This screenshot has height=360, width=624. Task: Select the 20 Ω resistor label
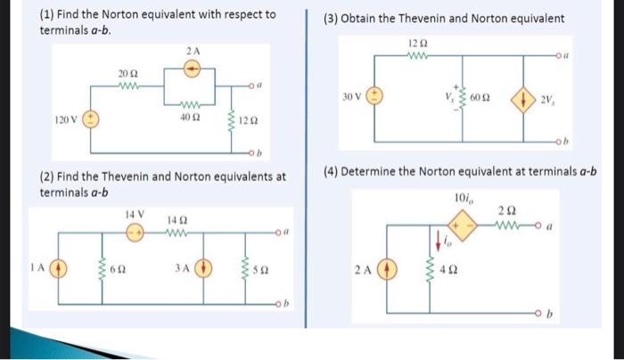coord(127,72)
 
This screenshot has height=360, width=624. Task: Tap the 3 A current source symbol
coord(204,266)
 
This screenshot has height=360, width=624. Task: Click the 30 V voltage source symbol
coord(376,96)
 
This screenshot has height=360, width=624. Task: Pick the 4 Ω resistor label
coord(451,269)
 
